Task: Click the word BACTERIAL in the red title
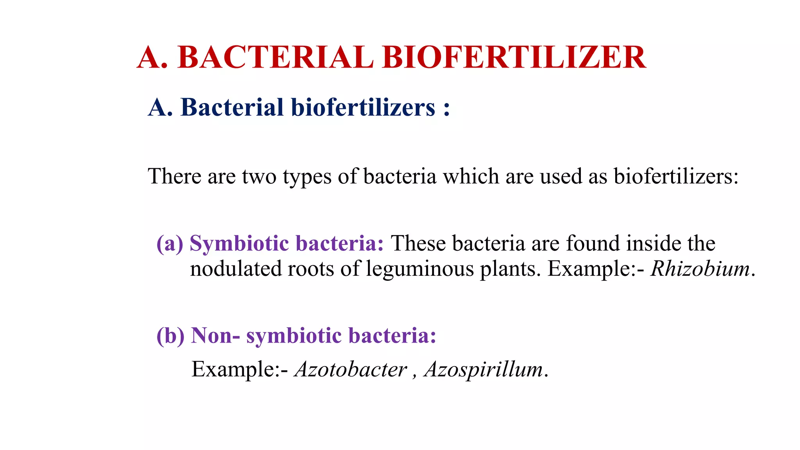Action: [x=275, y=57]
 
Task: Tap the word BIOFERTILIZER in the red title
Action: [x=514, y=57]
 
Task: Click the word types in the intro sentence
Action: [x=307, y=177]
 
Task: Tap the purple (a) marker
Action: [x=170, y=244]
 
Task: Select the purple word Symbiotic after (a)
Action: [x=239, y=244]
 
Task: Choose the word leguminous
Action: [x=420, y=270]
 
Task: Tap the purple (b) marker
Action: [x=170, y=336]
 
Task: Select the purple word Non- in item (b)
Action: [x=215, y=336]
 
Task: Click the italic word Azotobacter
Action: [x=351, y=369]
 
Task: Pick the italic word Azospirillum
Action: [x=484, y=370]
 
